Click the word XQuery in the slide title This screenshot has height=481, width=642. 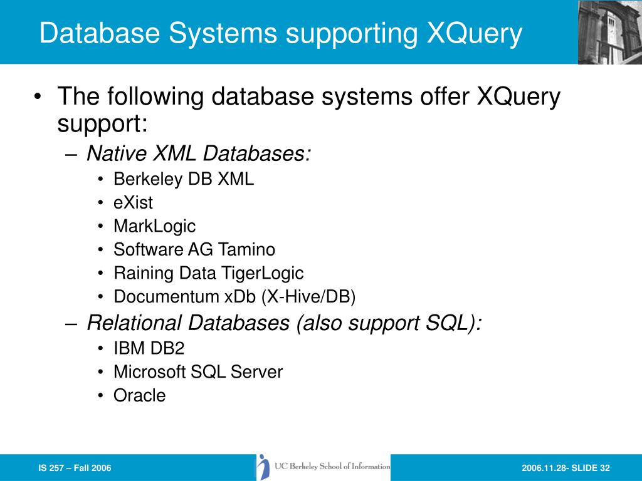(x=475, y=34)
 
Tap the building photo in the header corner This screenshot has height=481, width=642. (x=609, y=31)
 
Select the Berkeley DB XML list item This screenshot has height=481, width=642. (x=184, y=179)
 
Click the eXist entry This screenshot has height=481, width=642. (x=133, y=203)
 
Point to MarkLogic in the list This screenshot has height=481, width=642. (x=154, y=226)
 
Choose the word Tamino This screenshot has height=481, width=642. (x=247, y=249)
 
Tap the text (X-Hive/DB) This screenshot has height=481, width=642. (x=308, y=296)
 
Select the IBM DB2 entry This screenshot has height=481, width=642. (x=149, y=348)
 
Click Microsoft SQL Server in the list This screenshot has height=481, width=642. (x=198, y=372)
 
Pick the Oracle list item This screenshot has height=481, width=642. (x=139, y=396)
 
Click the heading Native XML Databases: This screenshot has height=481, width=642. (x=199, y=153)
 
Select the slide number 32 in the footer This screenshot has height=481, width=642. (x=605, y=468)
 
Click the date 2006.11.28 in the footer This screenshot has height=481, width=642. (x=540, y=468)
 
